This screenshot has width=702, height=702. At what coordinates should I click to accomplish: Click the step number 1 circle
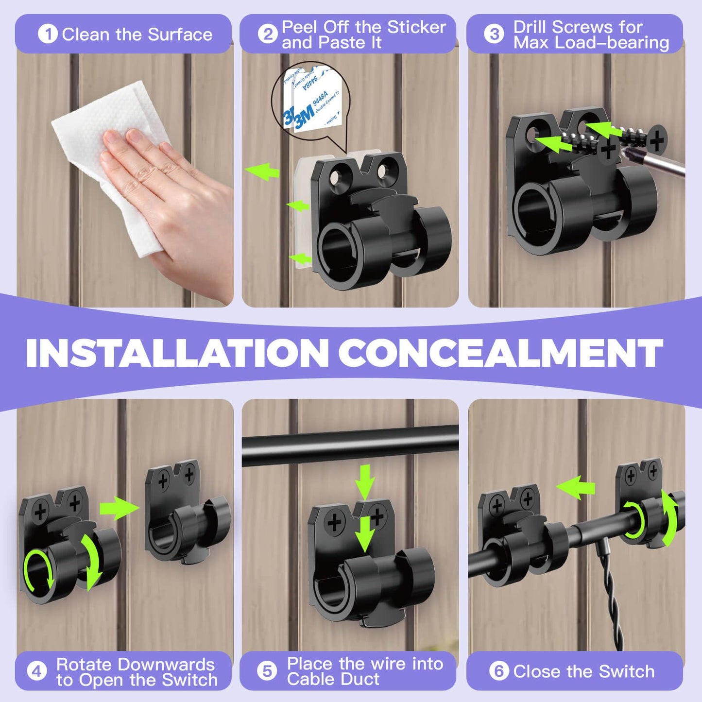point(48,34)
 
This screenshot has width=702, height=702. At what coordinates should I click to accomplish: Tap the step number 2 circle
point(267,34)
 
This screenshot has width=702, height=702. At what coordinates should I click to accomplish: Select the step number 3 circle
point(494,34)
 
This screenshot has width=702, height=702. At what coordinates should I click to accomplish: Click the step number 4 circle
point(37,671)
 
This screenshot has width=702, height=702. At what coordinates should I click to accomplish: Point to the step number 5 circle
point(267,671)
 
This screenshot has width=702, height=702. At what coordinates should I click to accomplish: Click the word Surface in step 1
point(180,34)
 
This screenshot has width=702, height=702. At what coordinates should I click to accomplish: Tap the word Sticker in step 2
point(416,27)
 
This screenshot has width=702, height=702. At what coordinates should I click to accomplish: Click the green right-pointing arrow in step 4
point(119,508)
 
